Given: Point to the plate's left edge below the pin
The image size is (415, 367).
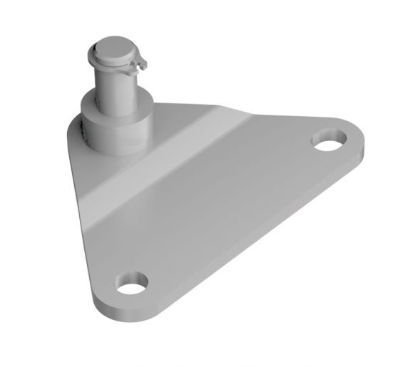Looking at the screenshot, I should tap(82, 214).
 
